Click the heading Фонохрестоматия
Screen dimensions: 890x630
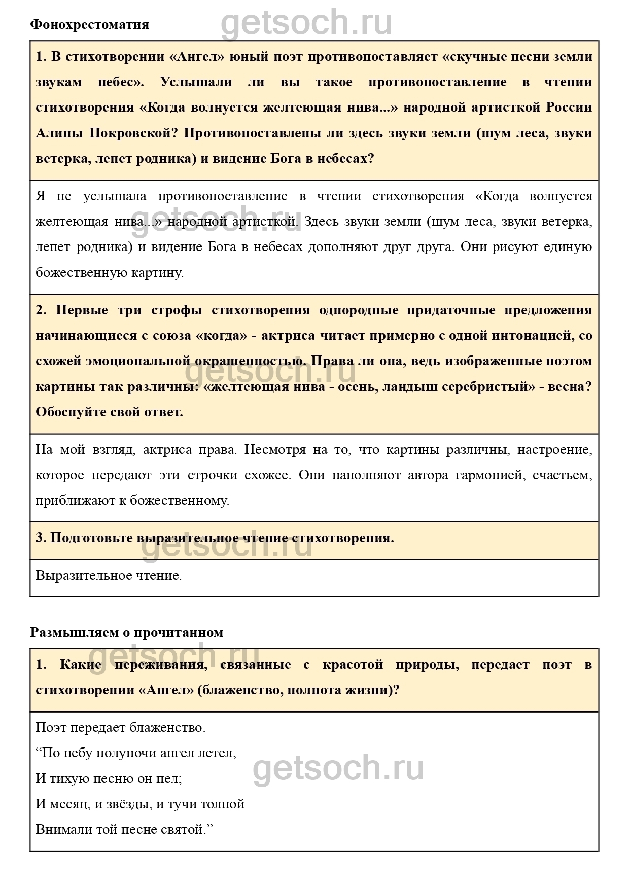(x=90, y=25)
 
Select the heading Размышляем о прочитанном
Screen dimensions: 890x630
(x=127, y=632)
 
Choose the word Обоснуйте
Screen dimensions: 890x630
(x=71, y=412)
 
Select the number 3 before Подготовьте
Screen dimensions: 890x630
(x=39, y=538)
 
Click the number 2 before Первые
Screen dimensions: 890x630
(x=39, y=310)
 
